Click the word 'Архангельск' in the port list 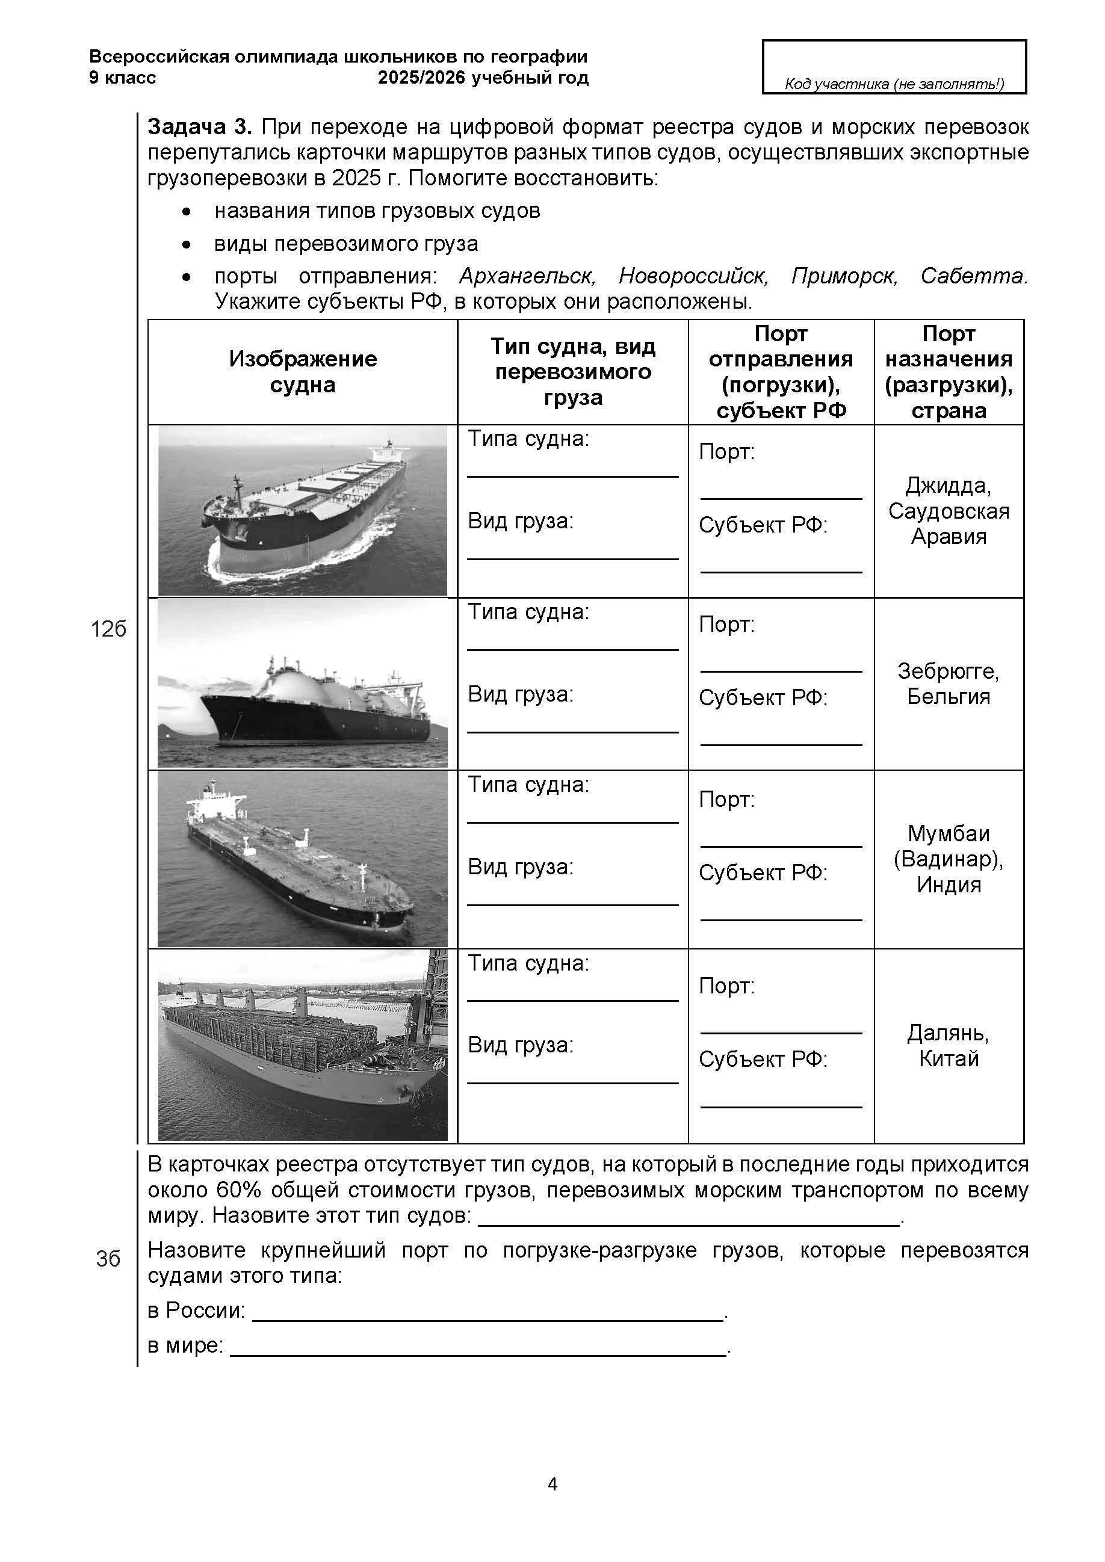(x=527, y=276)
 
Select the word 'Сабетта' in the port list (x=973, y=276)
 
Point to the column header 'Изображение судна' (x=303, y=372)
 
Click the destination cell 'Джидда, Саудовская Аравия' (x=949, y=511)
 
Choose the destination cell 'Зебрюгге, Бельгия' (x=949, y=684)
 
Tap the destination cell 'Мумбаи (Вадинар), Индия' (x=949, y=859)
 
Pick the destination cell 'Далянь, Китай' (x=949, y=1046)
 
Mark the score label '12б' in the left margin (x=108, y=630)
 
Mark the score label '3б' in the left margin (x=108, y=1259)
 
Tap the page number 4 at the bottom (x=552, y=1484)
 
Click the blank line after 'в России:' (x=487, y=1312)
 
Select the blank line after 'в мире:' (x=479, y=1347)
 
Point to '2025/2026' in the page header (x=422, y=78)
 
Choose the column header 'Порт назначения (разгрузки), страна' (x=949, y=372)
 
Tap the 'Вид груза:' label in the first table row (x=521, y=521)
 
